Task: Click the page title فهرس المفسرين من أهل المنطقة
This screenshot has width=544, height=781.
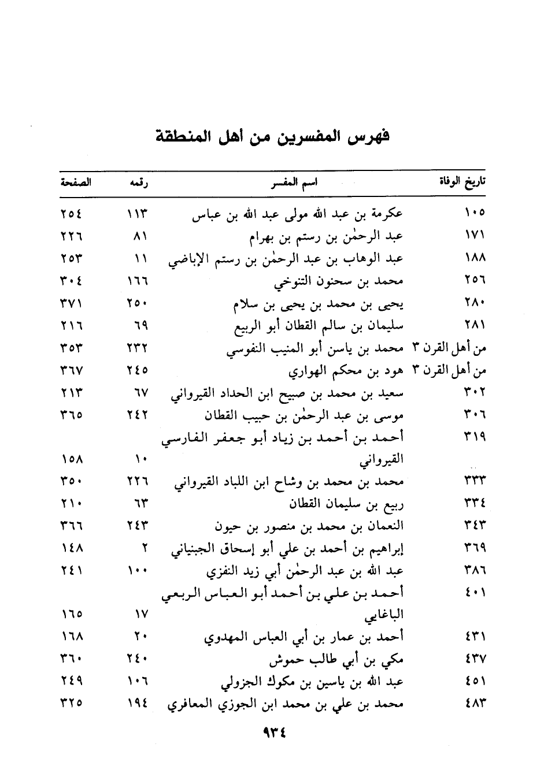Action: click(x=272, y=139)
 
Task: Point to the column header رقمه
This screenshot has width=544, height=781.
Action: click(x=138, y=183)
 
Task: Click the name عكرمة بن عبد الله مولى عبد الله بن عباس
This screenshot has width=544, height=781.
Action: click(x=297, y=215)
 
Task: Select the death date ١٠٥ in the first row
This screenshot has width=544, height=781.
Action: click(x=474, y=214)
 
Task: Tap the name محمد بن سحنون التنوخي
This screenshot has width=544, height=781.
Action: click(x=338, y=282)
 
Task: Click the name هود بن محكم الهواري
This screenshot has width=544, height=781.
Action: click(x=346, y=372)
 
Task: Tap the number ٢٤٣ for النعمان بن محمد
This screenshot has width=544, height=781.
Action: click(x=138, y=526)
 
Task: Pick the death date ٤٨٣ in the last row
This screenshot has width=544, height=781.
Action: click(x=475, y=704)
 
